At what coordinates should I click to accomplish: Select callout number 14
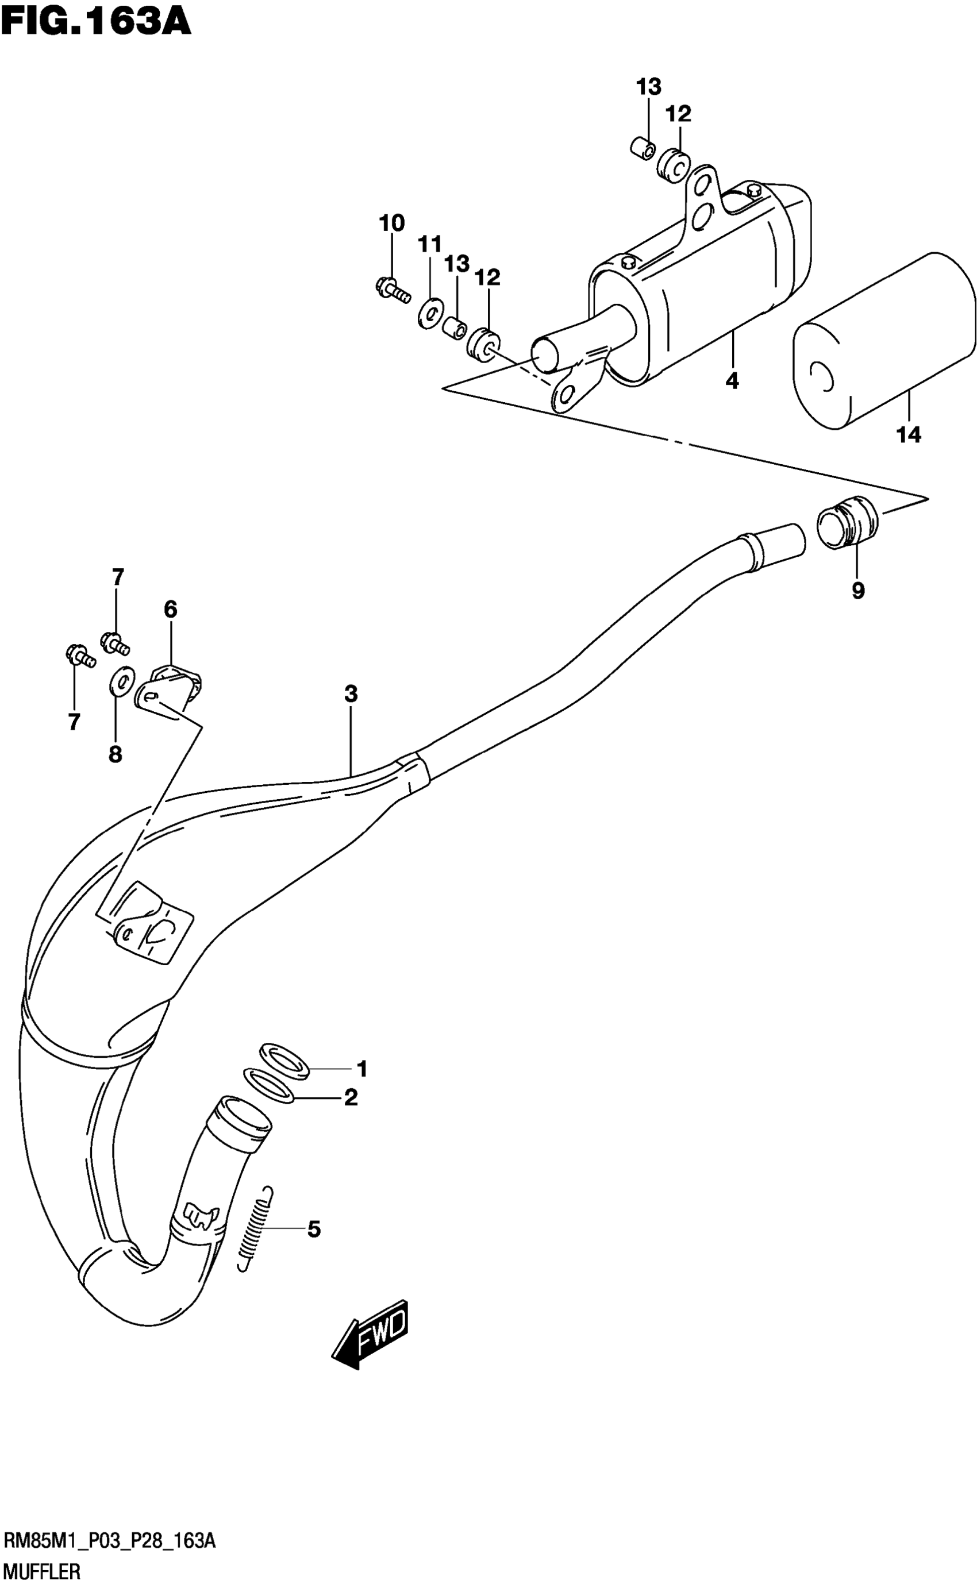[908, 435]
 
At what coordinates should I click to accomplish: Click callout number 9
[857, 591]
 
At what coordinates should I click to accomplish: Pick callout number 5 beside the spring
[313, 1230]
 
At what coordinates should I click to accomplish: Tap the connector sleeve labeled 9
[847, 520]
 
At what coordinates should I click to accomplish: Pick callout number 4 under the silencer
[732, 381]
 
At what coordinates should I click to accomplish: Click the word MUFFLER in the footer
[42, 1570]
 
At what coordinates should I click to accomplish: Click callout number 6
[170, 608]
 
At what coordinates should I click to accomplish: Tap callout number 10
[391, 223]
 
